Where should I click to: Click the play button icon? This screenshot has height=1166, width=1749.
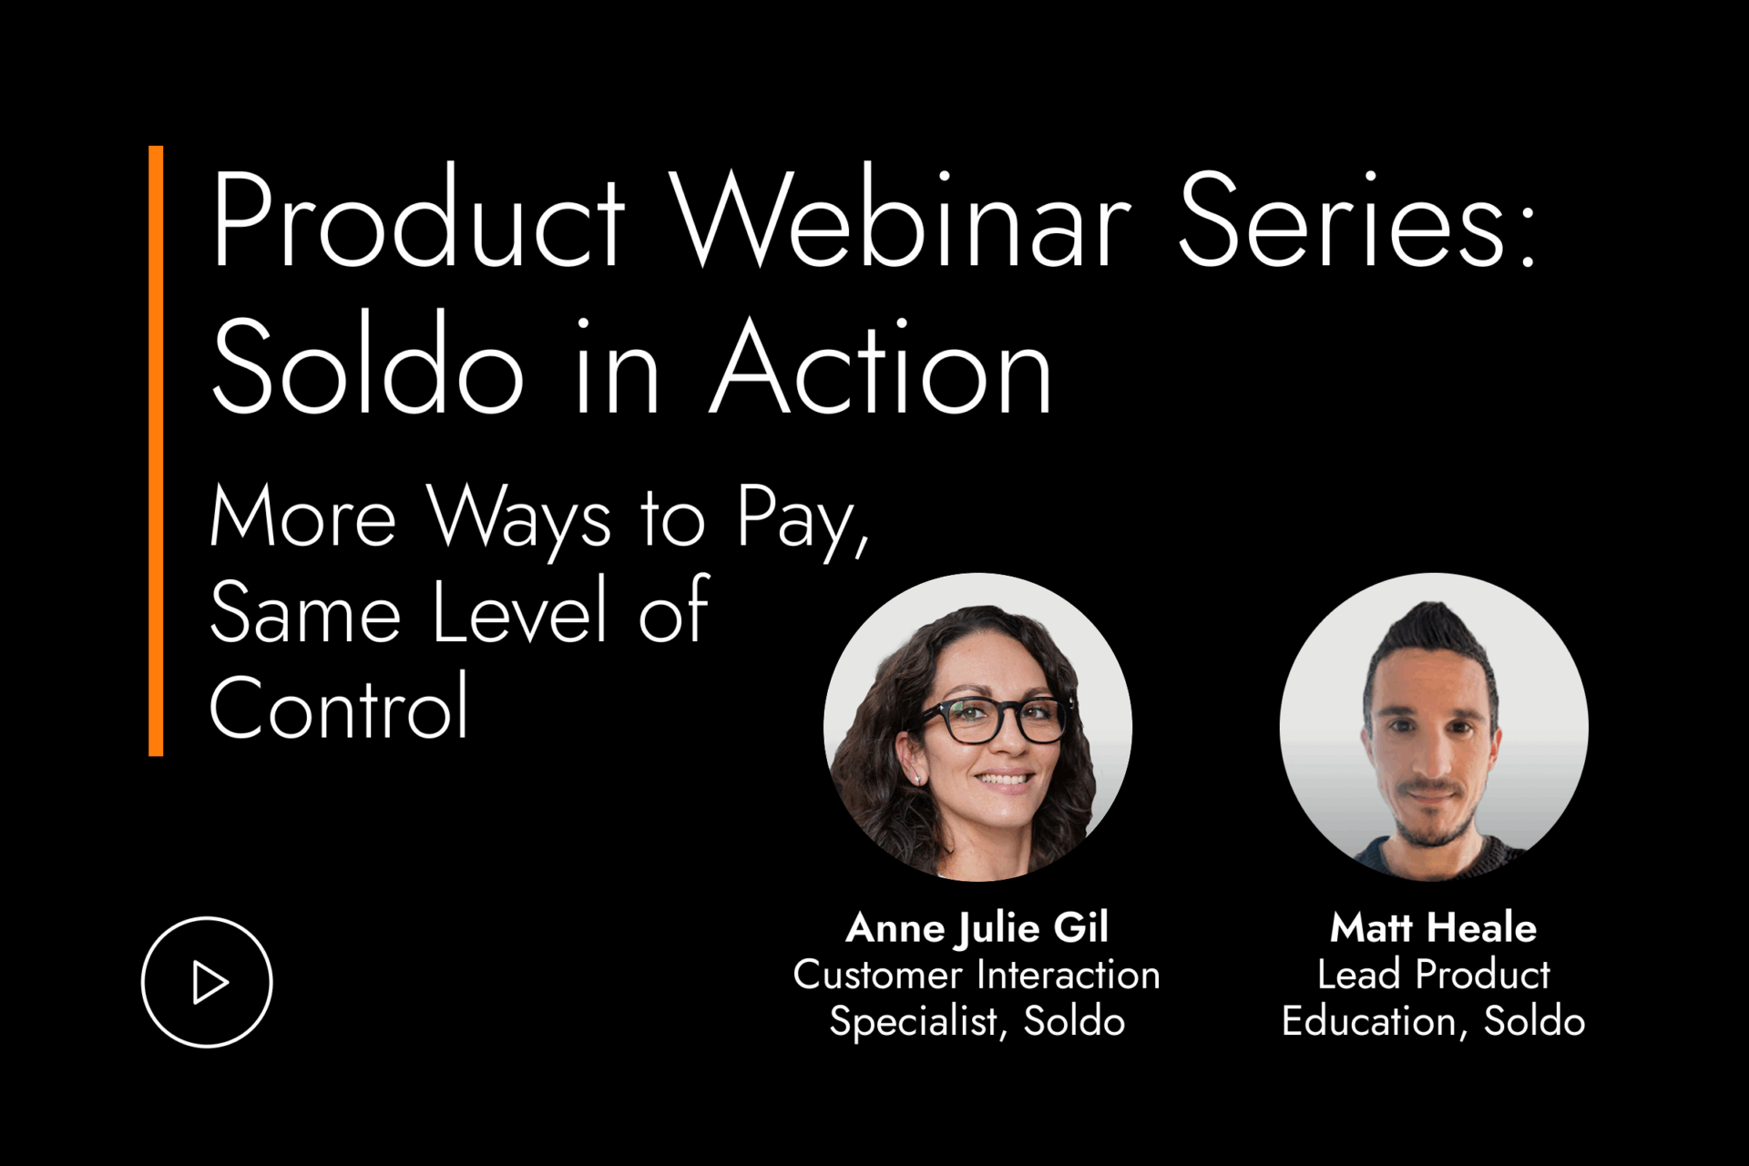(207, 982)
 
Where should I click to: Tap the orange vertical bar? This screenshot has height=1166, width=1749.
(156, 451)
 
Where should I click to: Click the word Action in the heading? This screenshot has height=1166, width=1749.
(881, 366)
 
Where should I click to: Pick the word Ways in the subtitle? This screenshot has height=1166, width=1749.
(519, 519)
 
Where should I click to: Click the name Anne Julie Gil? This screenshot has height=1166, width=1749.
(977, 928)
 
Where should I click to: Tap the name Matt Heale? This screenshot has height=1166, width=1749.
(1433, 928)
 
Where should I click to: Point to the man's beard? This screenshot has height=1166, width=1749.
(1432, 813)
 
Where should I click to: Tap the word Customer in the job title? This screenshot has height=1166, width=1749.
(877, 975)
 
